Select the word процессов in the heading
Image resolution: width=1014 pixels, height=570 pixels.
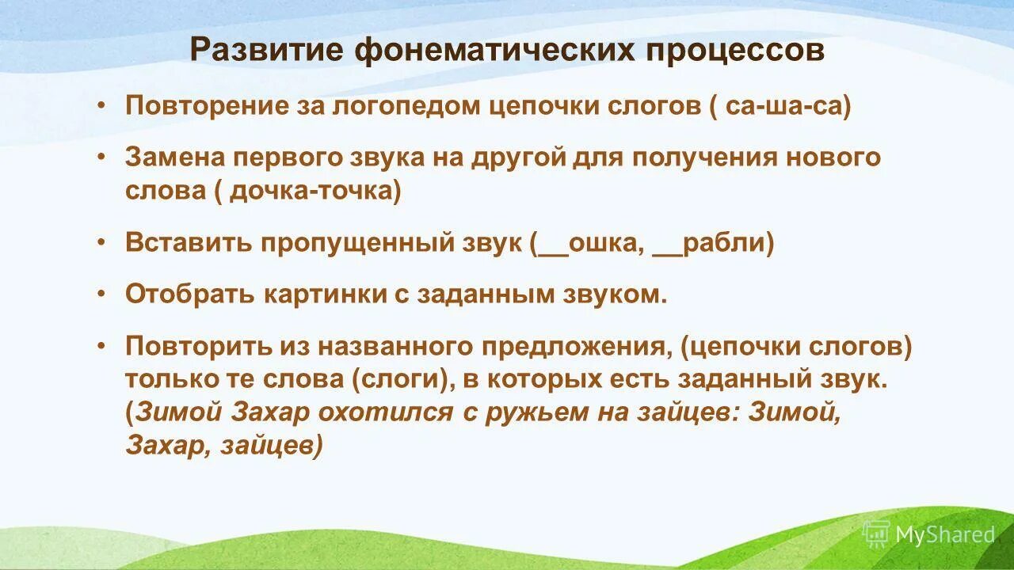point(736,51)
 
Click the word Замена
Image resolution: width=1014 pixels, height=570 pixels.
point(175,157)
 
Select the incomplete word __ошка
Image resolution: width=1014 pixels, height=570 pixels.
point(587,243)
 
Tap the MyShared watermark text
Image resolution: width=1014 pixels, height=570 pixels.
point(944,534)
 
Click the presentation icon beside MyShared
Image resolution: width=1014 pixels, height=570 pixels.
point(876,534)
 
